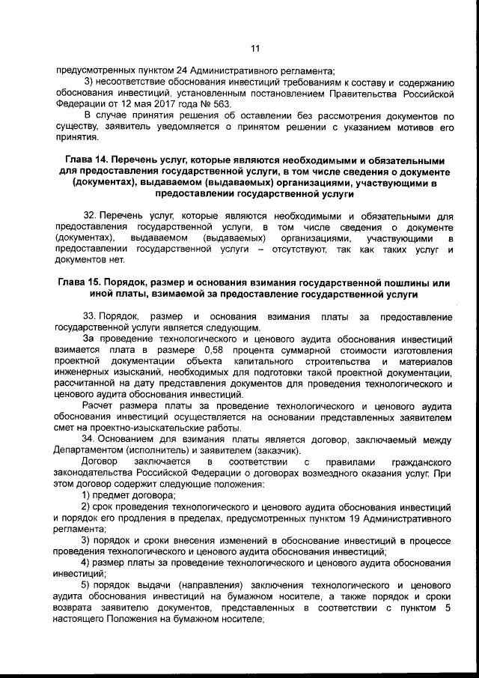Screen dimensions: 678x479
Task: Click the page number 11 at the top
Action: (x=254, y=50)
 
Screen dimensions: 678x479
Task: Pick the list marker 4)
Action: (x=87, y=561)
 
